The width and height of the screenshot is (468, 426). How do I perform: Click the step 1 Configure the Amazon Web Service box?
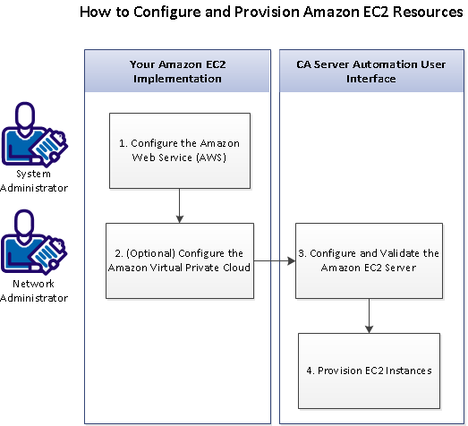[x=180, y=150]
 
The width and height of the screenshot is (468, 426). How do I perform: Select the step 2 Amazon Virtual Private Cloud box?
[x=180, y=260]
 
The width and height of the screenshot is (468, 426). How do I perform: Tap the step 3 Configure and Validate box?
[x=369, y=260]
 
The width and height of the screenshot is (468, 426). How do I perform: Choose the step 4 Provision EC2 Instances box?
[x=369, y=370]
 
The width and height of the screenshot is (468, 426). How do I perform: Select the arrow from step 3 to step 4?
[x=369, y=316]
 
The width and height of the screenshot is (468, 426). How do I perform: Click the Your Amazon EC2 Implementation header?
[x=180, y=72]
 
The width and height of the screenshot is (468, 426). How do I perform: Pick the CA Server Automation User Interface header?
[x=369, y=72]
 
